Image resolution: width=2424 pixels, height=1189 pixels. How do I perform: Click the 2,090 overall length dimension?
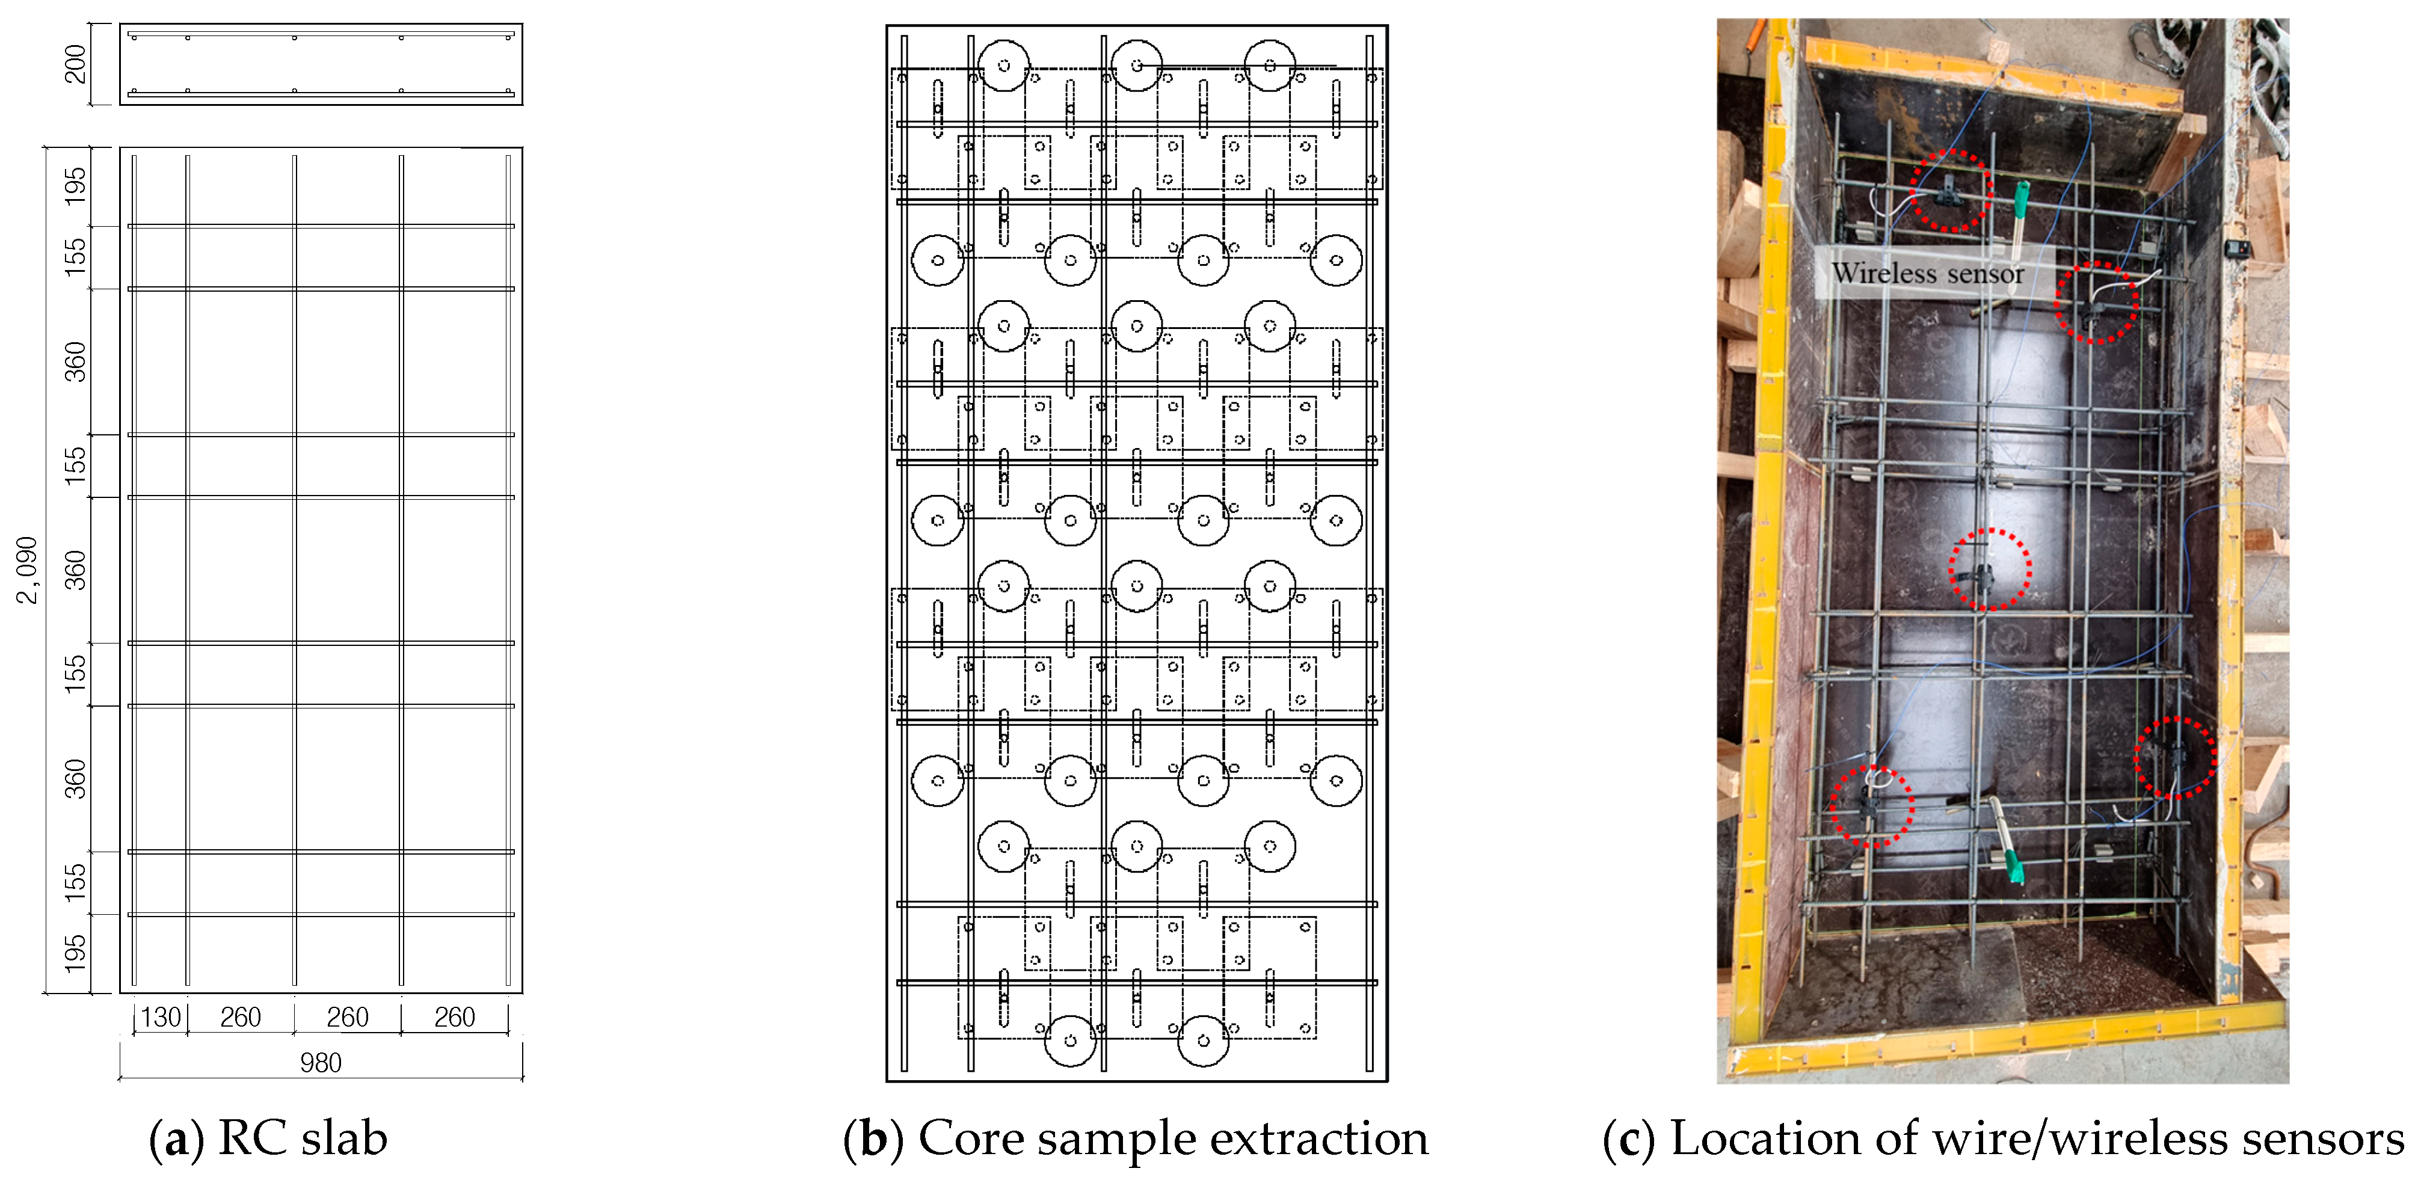(27, 570)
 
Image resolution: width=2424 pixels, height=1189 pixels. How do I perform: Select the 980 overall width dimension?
(320, 1063)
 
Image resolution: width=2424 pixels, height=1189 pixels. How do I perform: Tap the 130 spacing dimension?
(161, 1018)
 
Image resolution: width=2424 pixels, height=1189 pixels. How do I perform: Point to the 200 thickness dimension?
(75, 64)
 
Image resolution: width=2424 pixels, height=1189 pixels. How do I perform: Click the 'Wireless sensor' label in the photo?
(1927, 274)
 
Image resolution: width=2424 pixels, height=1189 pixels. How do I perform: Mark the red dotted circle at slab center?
(1989, 569)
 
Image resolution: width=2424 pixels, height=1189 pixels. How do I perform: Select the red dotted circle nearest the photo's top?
(1951, 190)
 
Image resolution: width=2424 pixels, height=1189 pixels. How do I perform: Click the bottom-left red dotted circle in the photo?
(1872, 806)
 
